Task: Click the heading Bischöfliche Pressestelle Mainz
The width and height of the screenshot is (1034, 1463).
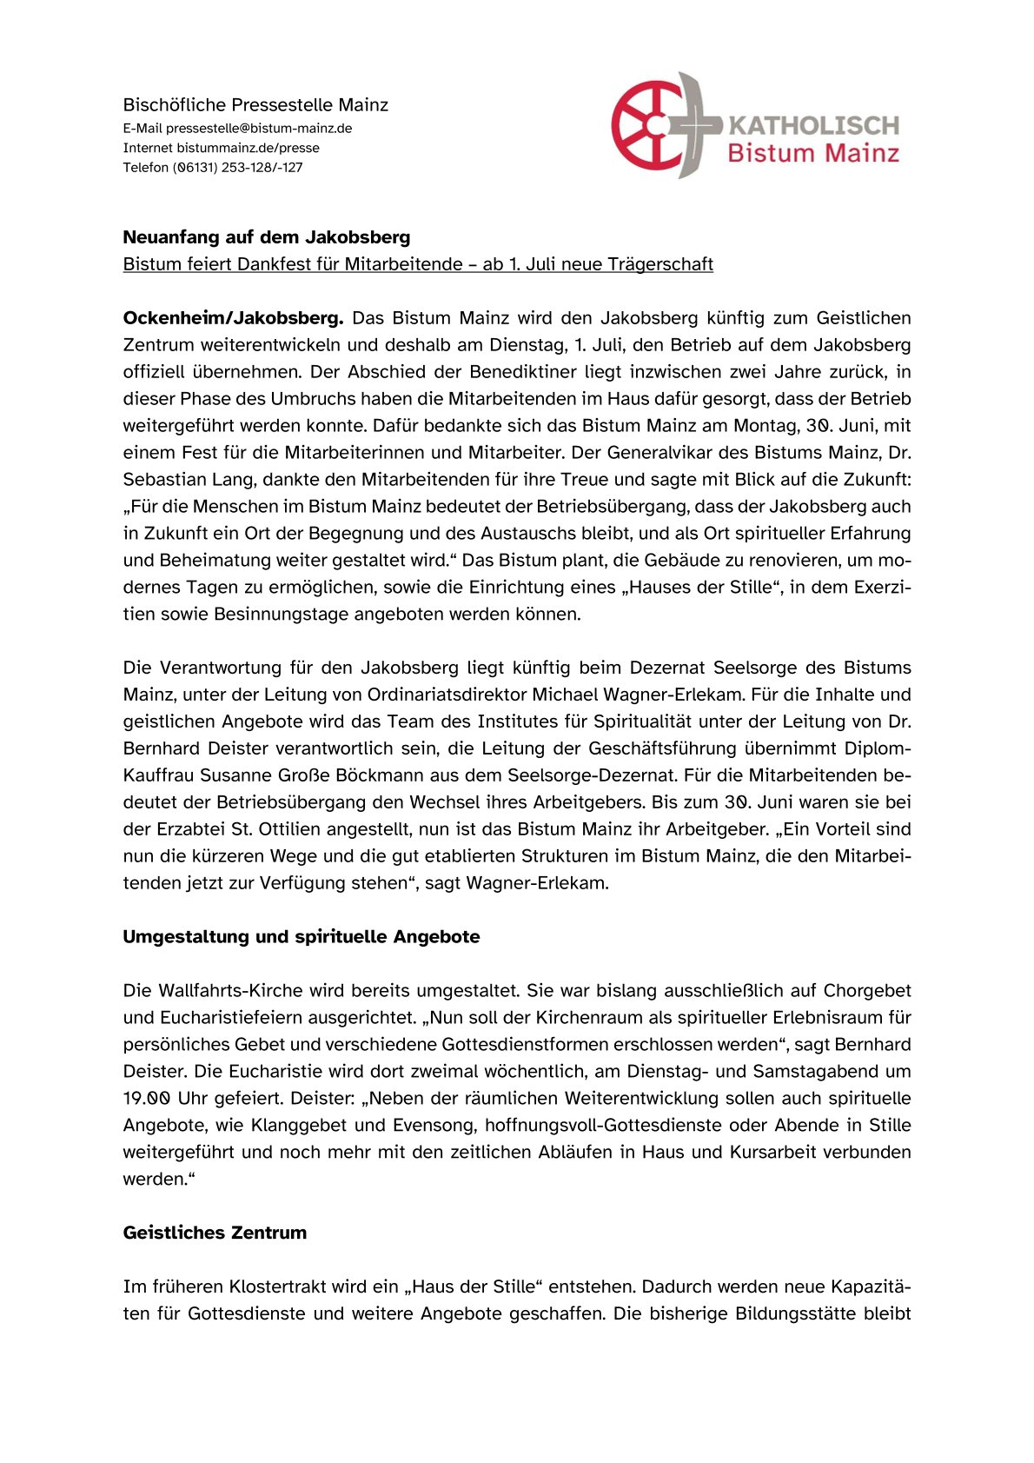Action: [255, 105]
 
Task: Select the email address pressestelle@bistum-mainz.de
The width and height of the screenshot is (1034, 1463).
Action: [259, 129]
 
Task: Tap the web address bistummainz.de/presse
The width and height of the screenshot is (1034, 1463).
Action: [248, 148]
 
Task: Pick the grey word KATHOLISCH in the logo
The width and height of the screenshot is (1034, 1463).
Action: [813, 126]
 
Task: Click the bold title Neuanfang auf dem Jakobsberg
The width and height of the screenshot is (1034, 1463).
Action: [267, 237]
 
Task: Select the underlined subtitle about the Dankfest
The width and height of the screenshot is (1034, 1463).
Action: [418, 264]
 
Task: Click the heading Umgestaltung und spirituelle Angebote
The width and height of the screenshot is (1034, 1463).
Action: [302, 937]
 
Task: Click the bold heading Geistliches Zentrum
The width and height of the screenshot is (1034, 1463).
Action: [215, 1233]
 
